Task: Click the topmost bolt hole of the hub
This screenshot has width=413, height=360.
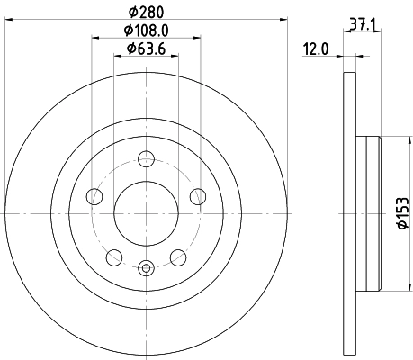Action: (146, 160)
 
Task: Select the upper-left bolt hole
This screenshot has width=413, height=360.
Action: (93, 198)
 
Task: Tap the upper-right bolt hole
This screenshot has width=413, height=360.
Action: (198, 198)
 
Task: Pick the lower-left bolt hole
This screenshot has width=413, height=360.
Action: (112, 258)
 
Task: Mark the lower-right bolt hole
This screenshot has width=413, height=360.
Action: (178, 258)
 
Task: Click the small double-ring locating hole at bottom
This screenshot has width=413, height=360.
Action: (146, 266)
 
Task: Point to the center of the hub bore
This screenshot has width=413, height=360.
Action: (146, 213)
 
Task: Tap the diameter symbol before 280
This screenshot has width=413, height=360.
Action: (131, 13)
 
